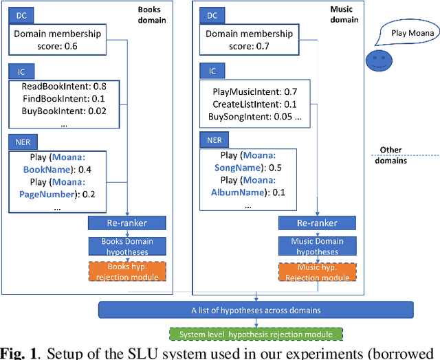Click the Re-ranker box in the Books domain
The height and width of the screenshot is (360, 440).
pyautogui.click(x=127, y=223)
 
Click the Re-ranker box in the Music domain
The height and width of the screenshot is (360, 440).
pyautogui.click(x=317, y=223)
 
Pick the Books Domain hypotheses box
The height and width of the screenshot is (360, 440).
pyautogui.click(x=127, y=246)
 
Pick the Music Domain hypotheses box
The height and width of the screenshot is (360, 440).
pyautogui.click(x=317, y=246)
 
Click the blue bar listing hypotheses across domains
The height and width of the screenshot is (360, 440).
pyautogui.click(x=255, y=310)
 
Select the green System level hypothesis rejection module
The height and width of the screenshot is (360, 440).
pyautogui.click(x=255, y=335)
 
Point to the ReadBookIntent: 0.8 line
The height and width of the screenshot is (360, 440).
pyautogui.click(x=63, y=87)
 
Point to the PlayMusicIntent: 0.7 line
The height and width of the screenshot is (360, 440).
pyautogui.click(x=253, y=91)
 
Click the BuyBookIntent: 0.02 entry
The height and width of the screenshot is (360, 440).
pyautogui.click(x=63, y=111)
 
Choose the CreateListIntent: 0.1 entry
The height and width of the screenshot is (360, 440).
pyautogui.click(x=253, y=104)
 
